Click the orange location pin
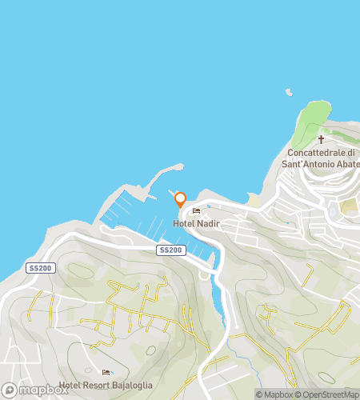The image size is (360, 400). coord(180,199)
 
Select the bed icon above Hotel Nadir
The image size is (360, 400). coord(195,212)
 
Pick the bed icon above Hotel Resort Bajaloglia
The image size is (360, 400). coord(106,373)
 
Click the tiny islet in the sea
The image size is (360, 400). coord(287,91)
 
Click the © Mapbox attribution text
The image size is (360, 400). coord(275,394)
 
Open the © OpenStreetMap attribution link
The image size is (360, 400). coord(328,394)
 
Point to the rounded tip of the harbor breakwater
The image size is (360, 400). coord(181,167)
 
